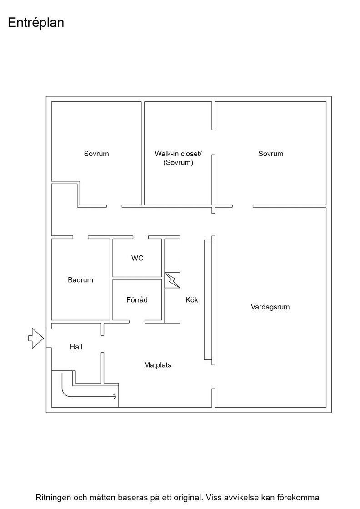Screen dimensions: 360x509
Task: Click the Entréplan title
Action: click(x=36, y=23)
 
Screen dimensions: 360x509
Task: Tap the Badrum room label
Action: click(x=80, y=280)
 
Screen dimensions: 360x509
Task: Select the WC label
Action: click(x=137, y=258)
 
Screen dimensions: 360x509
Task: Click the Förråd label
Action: click(x=137, y=299)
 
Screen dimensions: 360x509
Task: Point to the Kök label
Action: click(x=192, y=299)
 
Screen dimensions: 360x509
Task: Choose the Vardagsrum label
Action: click(x=270, y=307)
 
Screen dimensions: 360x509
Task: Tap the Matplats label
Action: click(x=157, y=365)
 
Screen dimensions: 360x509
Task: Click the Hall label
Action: click(x=76, y=347)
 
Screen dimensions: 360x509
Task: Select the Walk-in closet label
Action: click(x=178, y=154)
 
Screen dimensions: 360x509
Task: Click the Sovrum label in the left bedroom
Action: click(x=96, y=154)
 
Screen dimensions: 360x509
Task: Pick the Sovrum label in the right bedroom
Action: click(x=271, y=154)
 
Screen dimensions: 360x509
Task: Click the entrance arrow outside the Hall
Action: click(x=36, y=338)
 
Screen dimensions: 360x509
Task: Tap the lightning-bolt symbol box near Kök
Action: click(x=172, y=280)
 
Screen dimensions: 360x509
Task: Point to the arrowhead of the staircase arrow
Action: click(x=115, y=396)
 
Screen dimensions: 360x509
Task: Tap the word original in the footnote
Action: click(x=187, y=497)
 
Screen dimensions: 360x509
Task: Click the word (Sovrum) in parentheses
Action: click(x=178, y=162)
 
